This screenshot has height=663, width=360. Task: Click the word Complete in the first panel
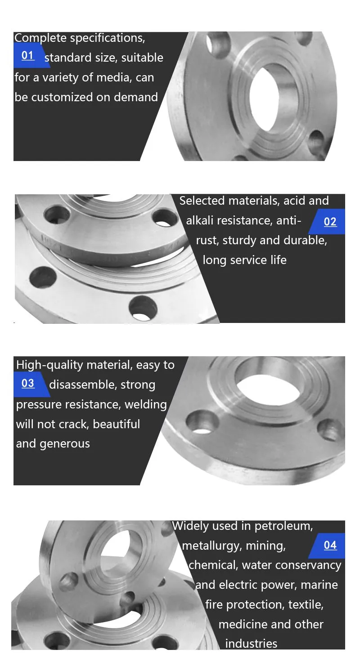tap(40, 38)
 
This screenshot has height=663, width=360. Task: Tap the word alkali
tap(198, 220)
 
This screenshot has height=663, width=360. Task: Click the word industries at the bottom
tap(252, 644)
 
